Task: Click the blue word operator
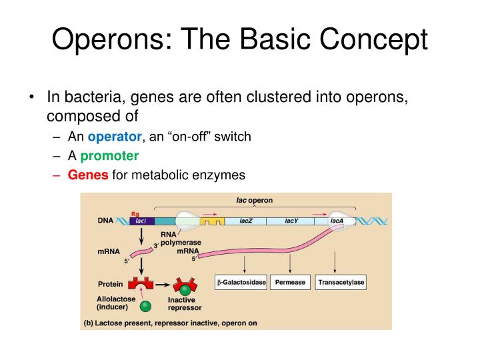click(x=115, y=137)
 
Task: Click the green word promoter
click(x=109, y=156)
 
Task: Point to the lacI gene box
click(x=141, y=221)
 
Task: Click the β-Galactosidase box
click(x=241, y=283)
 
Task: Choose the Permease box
click(x=289, y=283)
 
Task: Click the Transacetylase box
click(x=341, y=283)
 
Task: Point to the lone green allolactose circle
click(x=145, y=307)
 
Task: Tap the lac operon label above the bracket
click(x=254, y=200)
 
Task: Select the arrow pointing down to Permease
click(x=289, y=263)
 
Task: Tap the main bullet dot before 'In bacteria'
click(x=32, y=97)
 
